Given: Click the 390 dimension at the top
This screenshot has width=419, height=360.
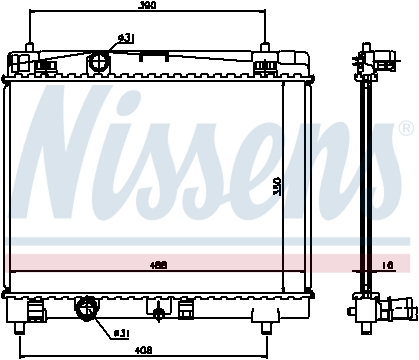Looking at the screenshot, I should pyautogui.click(x=147, y=6).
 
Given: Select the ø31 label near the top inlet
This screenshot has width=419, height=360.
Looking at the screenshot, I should pyautogui.click(x=125, y=37).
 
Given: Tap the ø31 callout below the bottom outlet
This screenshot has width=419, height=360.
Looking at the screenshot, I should pyautogui.click(x=121, y=332).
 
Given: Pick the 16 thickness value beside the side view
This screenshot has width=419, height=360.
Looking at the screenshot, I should pyautogui.click(x=388, y=266).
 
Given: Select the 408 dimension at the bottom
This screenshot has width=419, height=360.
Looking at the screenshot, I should pyautogui.click(x=144, y=351).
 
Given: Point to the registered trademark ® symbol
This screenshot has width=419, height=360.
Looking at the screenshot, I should pyautogui.click(x=405, y=129).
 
